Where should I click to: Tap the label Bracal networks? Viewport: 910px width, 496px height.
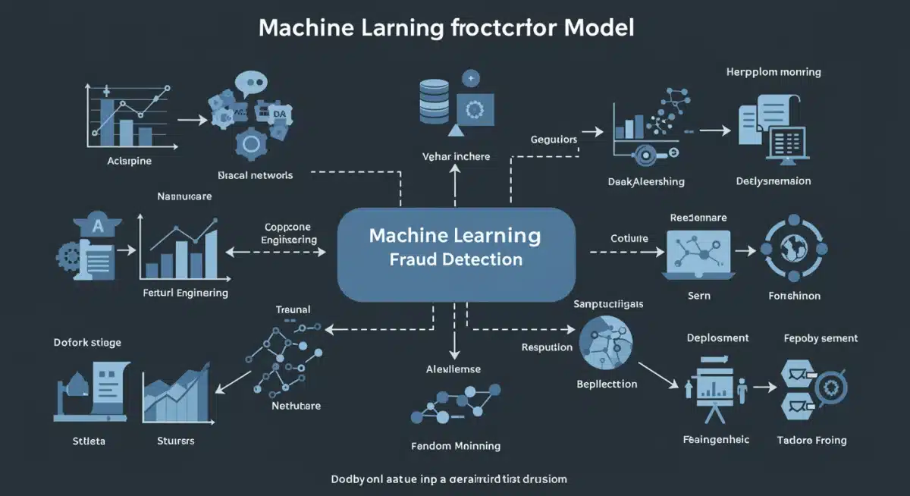pyautogui.click(x=255, y=174)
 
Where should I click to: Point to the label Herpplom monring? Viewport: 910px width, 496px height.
pyautogui.click(x=773, y=72)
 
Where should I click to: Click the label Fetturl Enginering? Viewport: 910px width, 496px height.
pyautogui.click(x=185, y=293)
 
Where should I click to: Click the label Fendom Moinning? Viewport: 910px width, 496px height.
pyautogui.click(x=455, y=446)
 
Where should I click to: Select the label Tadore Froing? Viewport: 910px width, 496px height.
pyautogui.click(x=811, y=440)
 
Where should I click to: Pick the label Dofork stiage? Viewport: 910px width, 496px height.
pyautogui.click(x=87, y=342)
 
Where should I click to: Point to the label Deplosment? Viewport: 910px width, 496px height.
pyautogui.click(x=717, y=337)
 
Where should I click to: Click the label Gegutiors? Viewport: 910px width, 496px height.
pyautogui.click(x=554, y=140)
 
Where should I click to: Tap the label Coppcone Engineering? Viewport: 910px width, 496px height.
pyautogui.click(x=289, y=233)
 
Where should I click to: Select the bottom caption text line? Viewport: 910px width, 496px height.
pyautogui.click(x=449, y=479)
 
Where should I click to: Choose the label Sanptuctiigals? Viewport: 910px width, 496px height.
pyautogui.click(x=609, y=303)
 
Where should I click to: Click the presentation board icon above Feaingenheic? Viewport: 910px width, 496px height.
pyautogui.click(x=711, y=388)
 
